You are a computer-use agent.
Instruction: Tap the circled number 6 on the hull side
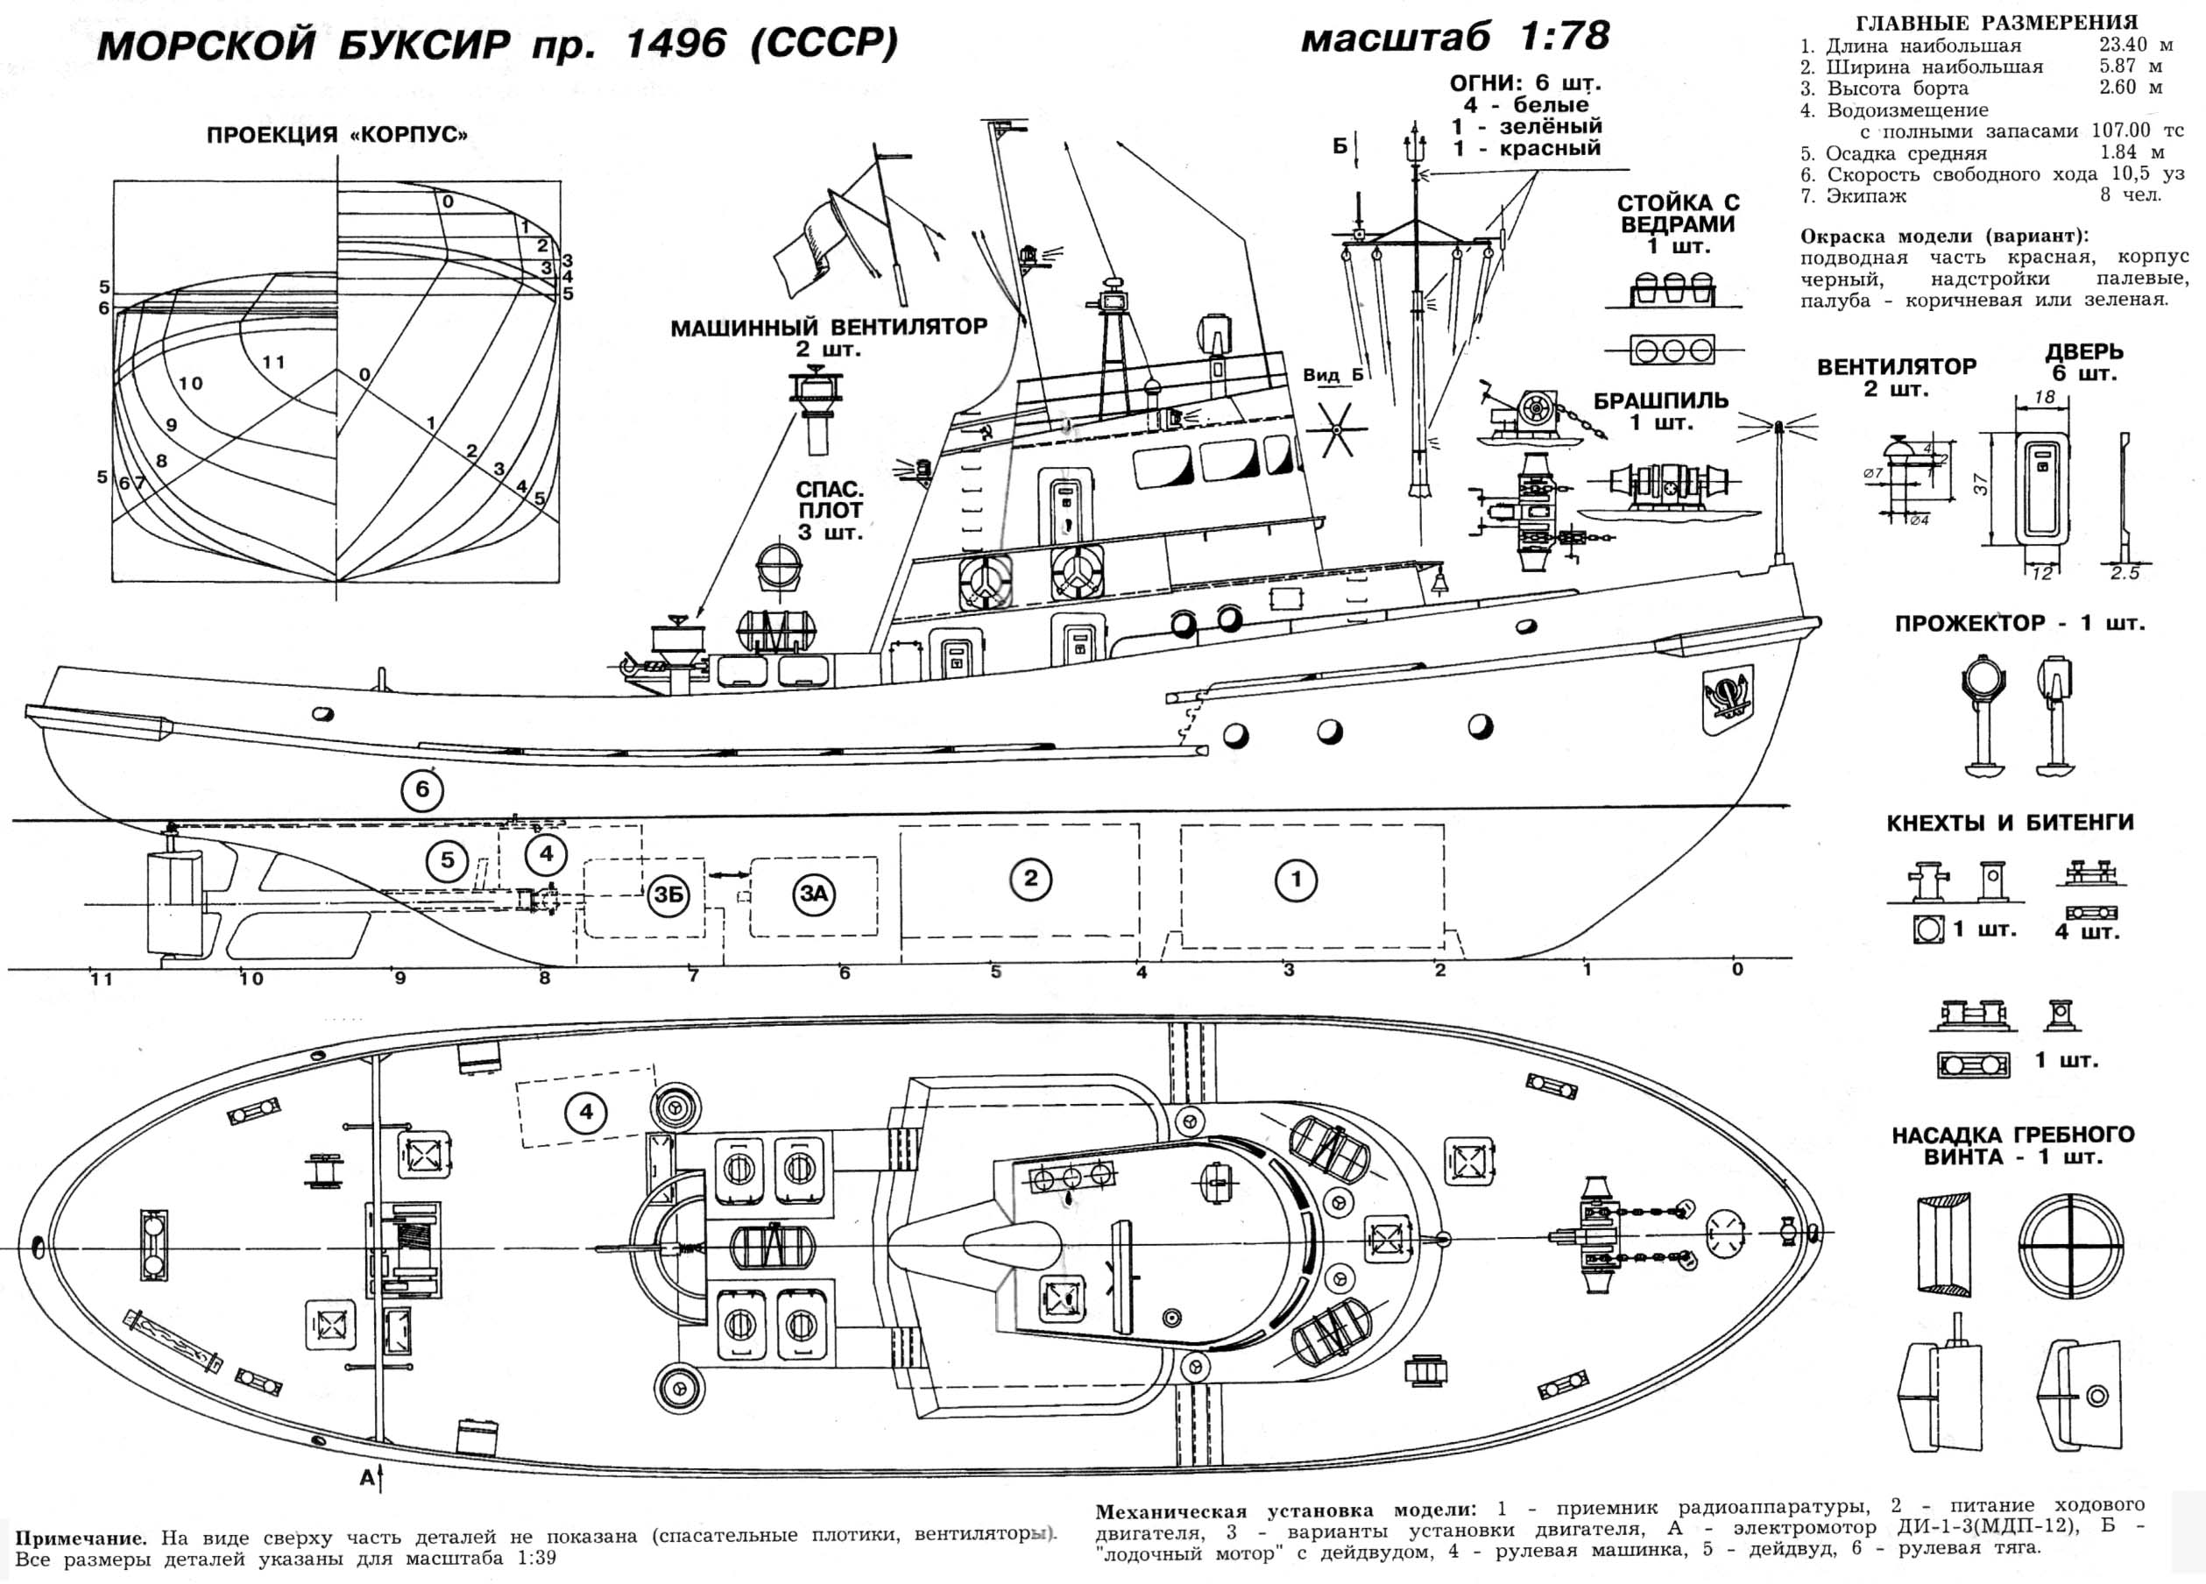click(422, 789)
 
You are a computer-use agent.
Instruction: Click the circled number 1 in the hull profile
click(1296, 880)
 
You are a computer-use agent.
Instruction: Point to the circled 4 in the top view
click(585, 1112)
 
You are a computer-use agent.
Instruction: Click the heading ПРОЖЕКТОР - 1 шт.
click(2019, 624)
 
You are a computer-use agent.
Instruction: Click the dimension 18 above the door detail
click(2046, 397)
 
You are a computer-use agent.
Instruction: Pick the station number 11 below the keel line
click(101, 979)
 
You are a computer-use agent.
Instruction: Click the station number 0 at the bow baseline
click(1737, 969)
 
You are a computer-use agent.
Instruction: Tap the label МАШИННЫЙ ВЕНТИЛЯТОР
click(828, 328)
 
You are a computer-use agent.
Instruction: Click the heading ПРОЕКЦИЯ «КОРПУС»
click(336, 135)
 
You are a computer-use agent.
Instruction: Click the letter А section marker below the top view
click(367, 1478)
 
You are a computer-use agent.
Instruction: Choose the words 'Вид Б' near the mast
click(1333, 376)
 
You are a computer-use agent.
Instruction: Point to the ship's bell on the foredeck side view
click(1437, 583)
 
